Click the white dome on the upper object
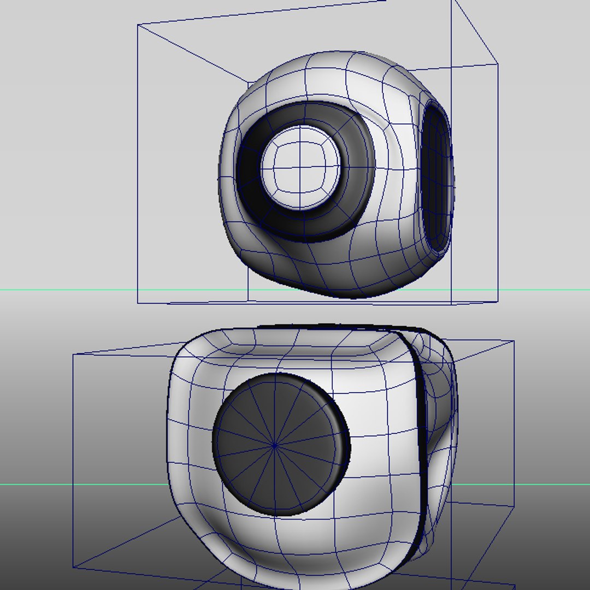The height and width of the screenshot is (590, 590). point(300,167)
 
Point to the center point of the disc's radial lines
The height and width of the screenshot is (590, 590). point(275,446)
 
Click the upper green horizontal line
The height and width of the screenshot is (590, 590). point(82,290)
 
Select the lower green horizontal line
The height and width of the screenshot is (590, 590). point(82,484)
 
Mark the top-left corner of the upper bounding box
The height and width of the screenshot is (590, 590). point(138,25)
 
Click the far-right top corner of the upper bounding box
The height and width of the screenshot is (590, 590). point(497,64)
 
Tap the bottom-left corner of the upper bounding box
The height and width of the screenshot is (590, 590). point(138,302)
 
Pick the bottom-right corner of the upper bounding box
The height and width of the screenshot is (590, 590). point(498,302)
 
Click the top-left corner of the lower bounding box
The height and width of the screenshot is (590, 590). point(73,354)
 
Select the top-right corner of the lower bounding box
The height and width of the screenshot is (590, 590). point(514,341)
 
